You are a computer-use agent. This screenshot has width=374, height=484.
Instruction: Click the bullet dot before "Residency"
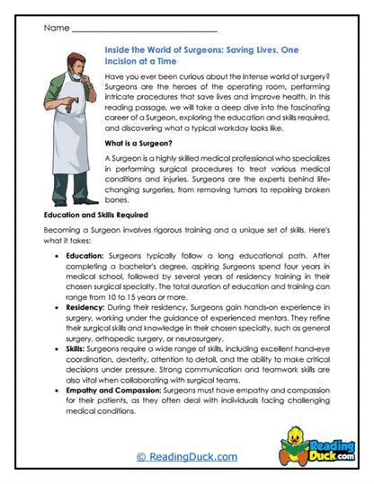tap(58, 330)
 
